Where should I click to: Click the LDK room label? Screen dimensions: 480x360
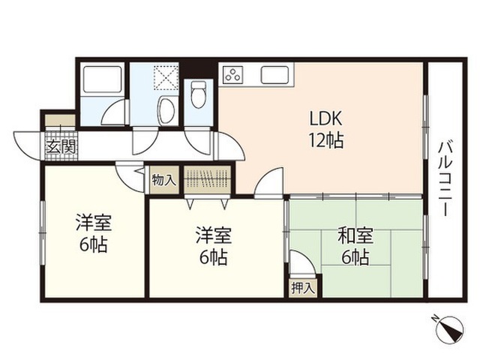click(x=325, y=118)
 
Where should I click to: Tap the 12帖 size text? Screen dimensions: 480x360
click(x=325, y=140)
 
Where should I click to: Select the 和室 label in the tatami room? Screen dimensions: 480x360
click(x=355, y=235)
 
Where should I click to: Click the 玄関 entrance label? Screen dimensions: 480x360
click(x=61, y=148)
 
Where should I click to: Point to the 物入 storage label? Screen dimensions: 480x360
click(x=164, y=180)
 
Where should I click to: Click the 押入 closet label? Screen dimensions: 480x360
click(x=303, y=288)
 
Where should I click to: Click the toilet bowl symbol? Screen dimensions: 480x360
click(x=198, y=94)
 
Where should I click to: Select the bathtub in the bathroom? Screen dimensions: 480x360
click(x=102, y=79)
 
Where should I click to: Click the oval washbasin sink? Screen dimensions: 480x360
click(x=166, y=110)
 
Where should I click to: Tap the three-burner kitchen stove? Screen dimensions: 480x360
click(x=233, y=75)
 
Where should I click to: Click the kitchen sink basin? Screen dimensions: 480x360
click(x=274, y=75)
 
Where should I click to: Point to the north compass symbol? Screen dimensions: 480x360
click(x=449, y=328)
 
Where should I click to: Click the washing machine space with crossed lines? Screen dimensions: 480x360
click(x=166, y=77)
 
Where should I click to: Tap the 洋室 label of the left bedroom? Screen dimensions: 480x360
click(x=94, y=223)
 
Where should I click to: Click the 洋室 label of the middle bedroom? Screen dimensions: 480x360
click(x=214, y=235)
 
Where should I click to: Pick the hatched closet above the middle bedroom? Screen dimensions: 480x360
click(x=207, y=179)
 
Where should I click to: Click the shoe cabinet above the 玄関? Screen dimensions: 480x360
click(x=60, y=120)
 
